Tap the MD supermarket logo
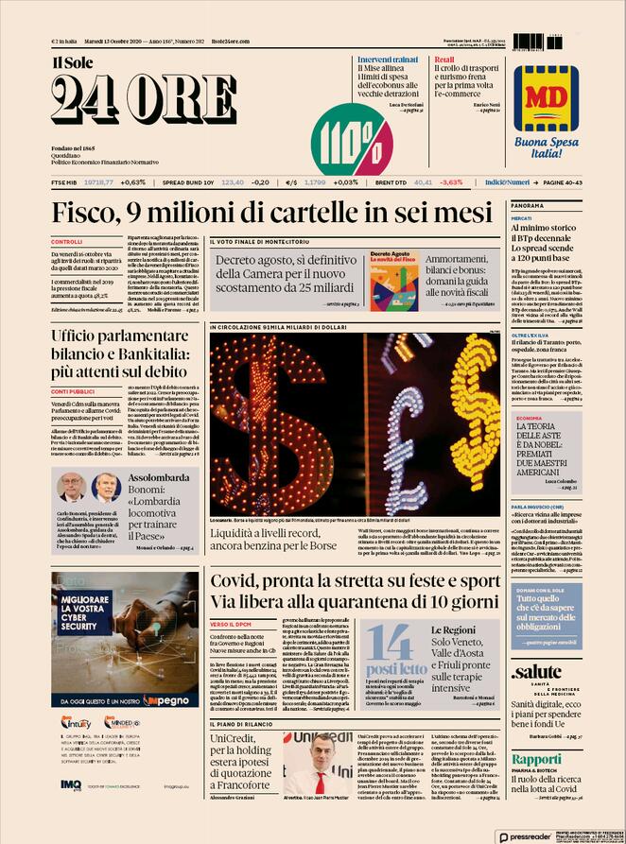(546, 97)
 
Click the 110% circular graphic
(352, 138)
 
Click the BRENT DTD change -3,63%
(450, 181)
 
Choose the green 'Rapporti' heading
(537, 759)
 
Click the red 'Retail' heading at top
(444, 60)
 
